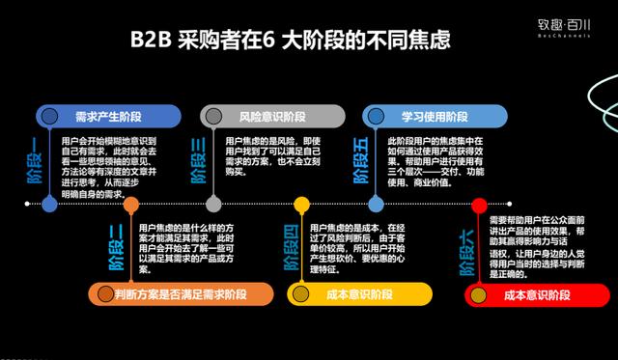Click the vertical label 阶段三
199,160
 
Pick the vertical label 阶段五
361,160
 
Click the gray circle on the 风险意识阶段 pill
211,116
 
